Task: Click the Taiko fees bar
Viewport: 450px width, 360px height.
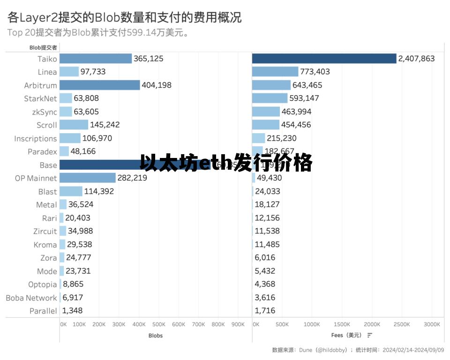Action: pos(324,59)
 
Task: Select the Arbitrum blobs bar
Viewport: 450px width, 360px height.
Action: pos(100,85)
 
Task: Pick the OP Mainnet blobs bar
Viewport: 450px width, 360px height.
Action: pos(88,178)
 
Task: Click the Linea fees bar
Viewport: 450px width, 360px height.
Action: pos(275,72)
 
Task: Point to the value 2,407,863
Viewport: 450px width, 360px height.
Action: pos(416,59)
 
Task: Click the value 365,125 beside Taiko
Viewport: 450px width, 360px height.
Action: pos(149,59)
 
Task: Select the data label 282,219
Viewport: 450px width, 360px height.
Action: pos(132,178)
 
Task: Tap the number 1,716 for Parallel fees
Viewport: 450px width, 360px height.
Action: pos(265,311)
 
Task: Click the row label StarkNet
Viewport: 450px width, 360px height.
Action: pos(40,98)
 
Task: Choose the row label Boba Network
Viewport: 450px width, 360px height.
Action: pos(31,298)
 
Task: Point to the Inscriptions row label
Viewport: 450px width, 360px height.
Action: pos(35,138)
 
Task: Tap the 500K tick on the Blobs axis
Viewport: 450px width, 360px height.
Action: pos(158,324)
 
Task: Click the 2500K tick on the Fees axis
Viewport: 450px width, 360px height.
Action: pos(402,324)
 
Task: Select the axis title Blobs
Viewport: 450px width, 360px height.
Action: pos(156,336)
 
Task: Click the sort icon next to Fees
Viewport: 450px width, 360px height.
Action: pos(370,335)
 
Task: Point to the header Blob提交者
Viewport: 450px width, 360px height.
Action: pos(43,47)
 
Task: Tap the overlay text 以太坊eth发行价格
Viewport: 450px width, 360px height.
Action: pos(226,163)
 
